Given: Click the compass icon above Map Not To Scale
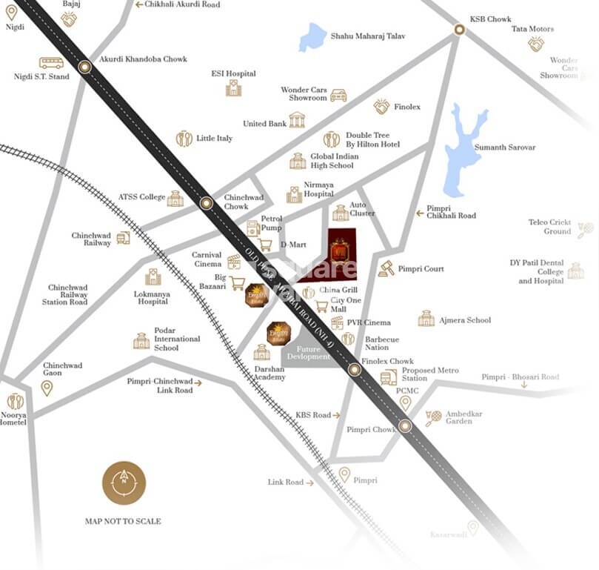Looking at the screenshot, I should click(124, 483).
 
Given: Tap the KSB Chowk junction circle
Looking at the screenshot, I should click(459, 30).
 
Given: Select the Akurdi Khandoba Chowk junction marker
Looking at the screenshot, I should click(85, 67).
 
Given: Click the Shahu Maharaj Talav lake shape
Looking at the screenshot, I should click(312, 37).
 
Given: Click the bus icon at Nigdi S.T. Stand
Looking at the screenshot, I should click(51, 63).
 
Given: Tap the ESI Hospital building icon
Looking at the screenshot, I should click(233, 88).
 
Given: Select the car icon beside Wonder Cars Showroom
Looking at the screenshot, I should click(338, 95).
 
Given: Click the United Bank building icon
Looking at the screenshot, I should click(297, 120).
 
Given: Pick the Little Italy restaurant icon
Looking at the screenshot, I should click(184, 139).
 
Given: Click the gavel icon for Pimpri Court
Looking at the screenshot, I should click(386, 268).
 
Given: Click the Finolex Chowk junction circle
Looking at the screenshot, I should click(355, 369).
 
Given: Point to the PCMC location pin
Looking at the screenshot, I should click(405, 402).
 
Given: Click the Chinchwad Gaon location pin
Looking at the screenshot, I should click(47, 388).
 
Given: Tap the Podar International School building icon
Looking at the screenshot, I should click(141, 341).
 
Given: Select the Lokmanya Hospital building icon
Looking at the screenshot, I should click(153, 277).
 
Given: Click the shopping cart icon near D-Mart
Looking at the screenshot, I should click(265, 245).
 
